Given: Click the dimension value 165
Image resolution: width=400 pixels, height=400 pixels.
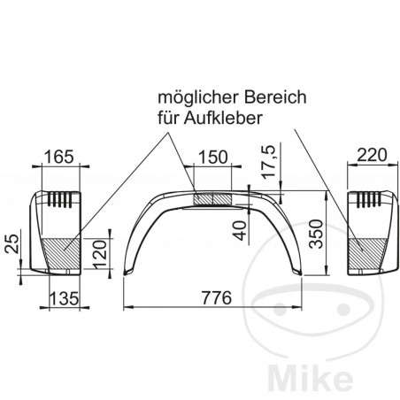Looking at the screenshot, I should [x=58, y=158].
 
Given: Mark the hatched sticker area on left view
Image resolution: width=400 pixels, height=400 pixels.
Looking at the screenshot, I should [x=63, y=255].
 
